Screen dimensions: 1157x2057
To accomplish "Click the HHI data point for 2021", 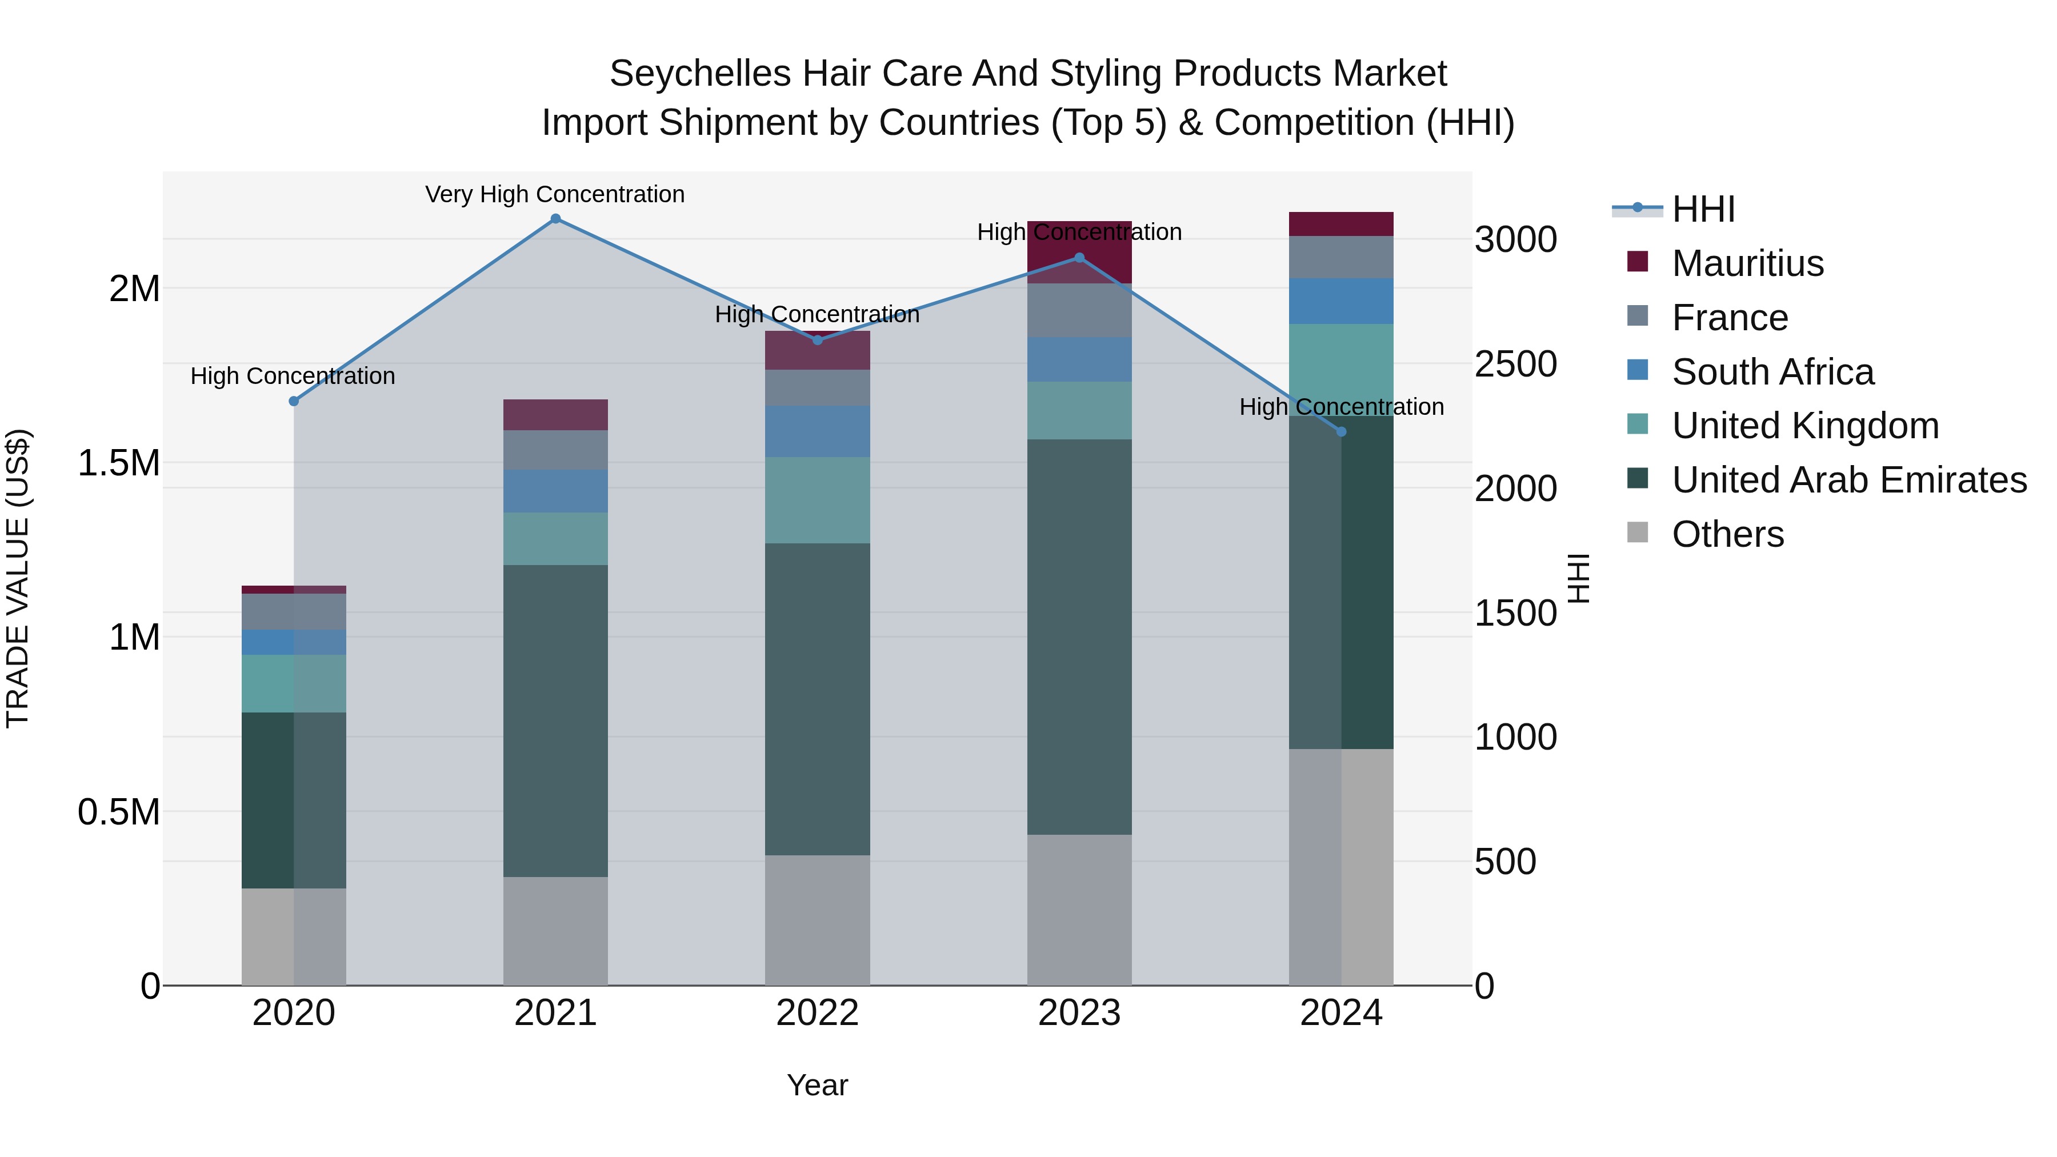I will click(556, 219).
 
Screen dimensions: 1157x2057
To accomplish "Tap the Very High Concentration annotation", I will click(555, 194).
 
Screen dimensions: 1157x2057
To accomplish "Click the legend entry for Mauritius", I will click(1747, 263).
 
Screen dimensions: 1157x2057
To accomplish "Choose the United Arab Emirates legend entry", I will click(1848, 480).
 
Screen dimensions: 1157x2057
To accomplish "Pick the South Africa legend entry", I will click(1772, 372).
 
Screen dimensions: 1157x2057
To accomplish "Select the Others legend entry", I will click(1727, 534).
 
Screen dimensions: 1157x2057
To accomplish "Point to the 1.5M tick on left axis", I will click(119, 463).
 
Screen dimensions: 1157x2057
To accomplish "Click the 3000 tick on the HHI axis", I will click(1515, 239).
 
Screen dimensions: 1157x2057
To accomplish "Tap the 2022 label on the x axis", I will click(817, 1013).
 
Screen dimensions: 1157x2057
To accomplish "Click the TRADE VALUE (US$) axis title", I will click(18, 578).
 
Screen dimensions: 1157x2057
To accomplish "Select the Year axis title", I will click(817, 1085).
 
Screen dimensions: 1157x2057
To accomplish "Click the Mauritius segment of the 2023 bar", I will click(1079, 253).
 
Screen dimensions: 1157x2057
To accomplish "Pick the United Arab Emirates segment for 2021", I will click(556, 720).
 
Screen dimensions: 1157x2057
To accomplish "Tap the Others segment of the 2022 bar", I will click(817, 920).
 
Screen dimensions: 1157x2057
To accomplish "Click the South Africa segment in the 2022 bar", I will click(817, 431).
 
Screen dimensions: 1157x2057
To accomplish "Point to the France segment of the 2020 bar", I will click(294, 611).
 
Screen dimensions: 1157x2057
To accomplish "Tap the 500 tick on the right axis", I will click(1504, 862).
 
